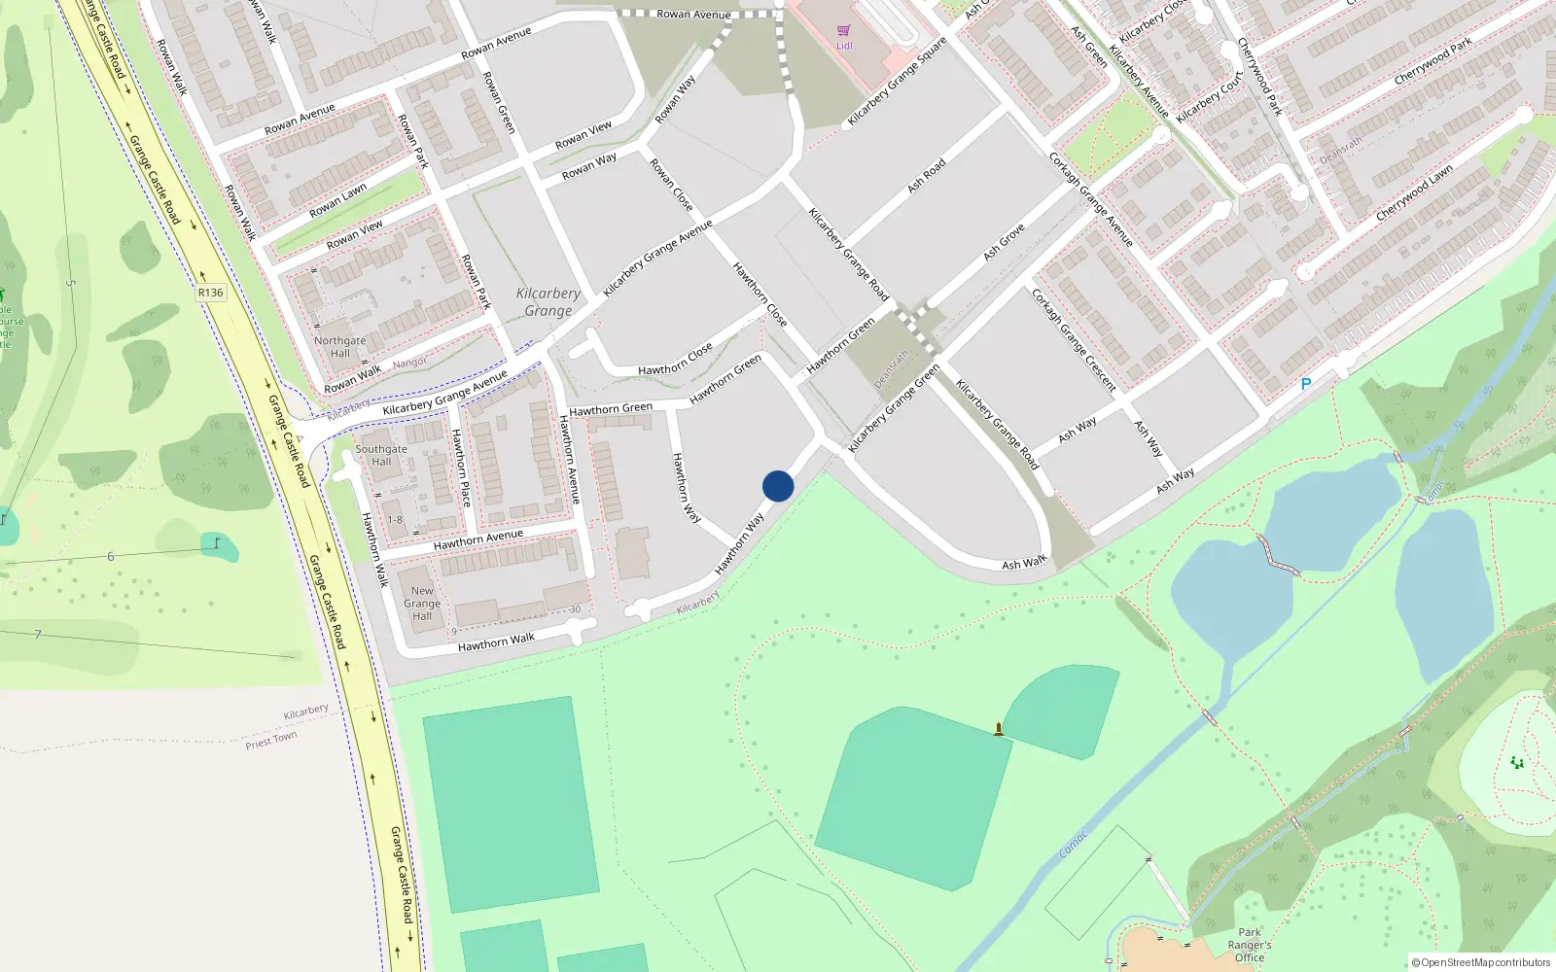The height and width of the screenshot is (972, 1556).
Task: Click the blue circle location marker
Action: click(778, 486)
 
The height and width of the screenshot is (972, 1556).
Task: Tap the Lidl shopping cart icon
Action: click(843, 31)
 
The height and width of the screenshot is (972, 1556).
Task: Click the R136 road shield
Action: click(210, 292)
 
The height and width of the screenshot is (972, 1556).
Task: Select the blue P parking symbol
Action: click(1306, 384)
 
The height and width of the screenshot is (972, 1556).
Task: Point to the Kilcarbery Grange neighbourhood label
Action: click(548, 301)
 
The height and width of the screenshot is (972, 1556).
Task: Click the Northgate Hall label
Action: click(339, 347)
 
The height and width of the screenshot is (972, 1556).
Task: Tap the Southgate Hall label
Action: click(381, 455)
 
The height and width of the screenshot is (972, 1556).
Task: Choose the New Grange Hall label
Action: click(422, 603)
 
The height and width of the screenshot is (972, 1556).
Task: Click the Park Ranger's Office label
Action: click(1250, 944)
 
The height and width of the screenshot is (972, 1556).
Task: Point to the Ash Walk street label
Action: click(1024, 563)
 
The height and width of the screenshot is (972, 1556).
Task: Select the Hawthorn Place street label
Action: click(461, 468)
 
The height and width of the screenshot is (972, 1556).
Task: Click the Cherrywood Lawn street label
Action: click(1414, 191)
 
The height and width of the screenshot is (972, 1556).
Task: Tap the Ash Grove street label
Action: click(1004, 242)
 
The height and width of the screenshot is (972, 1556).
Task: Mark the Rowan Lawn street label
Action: click(337, 200)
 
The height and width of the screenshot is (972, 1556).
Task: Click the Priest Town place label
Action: click(271, 741)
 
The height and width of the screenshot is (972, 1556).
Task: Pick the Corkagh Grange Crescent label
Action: click(1075, 339)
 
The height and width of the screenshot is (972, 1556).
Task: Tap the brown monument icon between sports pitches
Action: click(999, 729)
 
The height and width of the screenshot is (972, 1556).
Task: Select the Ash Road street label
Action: click(926, 175)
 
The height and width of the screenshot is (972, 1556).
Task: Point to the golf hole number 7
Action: click(38, 635)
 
